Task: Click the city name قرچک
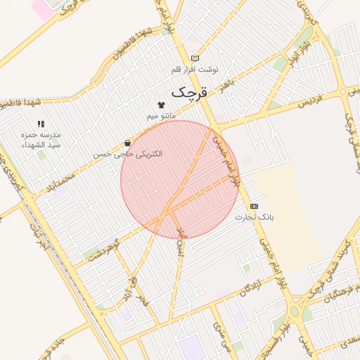coord(190,92)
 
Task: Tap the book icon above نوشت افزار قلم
coord(195,58)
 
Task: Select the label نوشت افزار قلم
coord(195,70)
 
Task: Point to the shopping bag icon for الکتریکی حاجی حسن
coord(127,143)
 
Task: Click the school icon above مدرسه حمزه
coord(40,124)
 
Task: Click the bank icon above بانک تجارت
coord(254,206)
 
